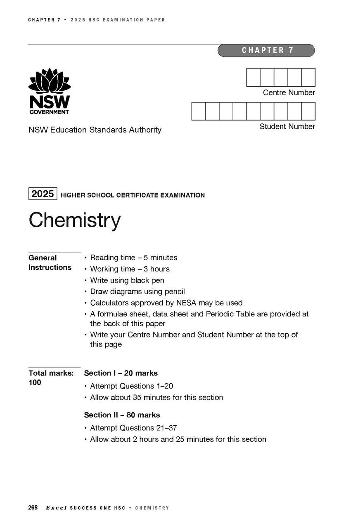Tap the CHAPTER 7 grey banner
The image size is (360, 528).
(266, 50)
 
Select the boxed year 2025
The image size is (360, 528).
(43, 193)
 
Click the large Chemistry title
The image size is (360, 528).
(74, 220)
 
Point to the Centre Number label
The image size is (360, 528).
(289, 93)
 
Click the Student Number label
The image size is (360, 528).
(287, 127)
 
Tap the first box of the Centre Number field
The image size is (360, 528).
(253, 78)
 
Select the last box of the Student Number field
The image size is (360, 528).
(308, 111)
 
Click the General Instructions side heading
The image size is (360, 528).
(50, 263)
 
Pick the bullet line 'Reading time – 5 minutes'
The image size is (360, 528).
(133, 258)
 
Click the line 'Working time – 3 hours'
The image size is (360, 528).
(130, 269)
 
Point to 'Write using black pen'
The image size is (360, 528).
(127, 280)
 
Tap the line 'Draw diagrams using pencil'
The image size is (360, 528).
(137, 292)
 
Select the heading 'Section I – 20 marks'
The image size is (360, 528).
(121, 373)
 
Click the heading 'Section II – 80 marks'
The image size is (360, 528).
(122, 415)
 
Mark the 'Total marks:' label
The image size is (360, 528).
(51, 373)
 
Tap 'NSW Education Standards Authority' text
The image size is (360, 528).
(95, 130)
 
